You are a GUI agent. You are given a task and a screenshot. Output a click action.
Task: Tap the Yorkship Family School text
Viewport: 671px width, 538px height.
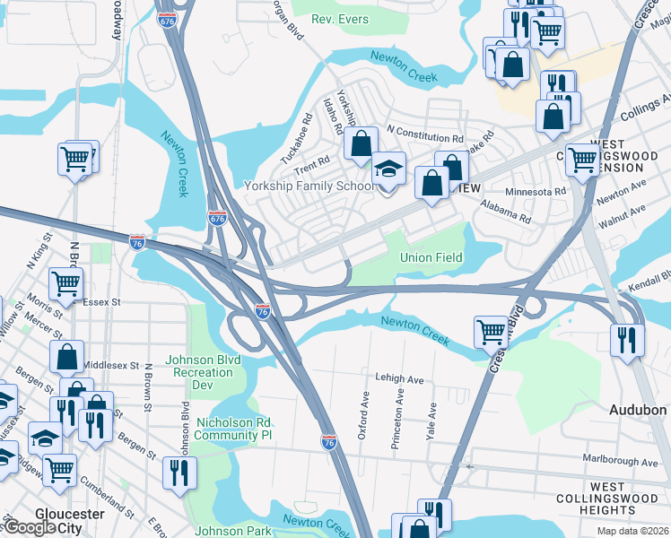(x=309, y=187)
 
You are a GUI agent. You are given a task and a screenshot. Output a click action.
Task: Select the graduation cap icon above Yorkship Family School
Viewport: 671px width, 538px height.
(x=388, y=169)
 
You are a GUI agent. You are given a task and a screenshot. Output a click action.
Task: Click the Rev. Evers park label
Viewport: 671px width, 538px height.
(x=340, y=19)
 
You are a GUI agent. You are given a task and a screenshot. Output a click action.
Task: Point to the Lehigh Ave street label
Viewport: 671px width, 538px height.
(x=399, y=379)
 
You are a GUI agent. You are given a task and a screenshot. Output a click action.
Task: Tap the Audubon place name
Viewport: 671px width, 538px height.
(x=638, y=410)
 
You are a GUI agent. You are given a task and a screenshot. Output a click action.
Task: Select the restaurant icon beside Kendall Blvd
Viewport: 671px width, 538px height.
(x=625, y=338)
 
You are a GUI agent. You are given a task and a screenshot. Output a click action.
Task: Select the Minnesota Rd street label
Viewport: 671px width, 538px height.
(x=536, y=191)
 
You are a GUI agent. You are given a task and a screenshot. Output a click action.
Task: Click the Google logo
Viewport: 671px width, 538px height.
(x=29, y=527)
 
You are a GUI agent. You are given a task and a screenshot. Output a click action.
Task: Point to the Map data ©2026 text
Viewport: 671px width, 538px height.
(x=632, y=531)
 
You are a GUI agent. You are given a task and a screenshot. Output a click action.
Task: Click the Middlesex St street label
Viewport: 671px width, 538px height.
(x=111, y=366)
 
